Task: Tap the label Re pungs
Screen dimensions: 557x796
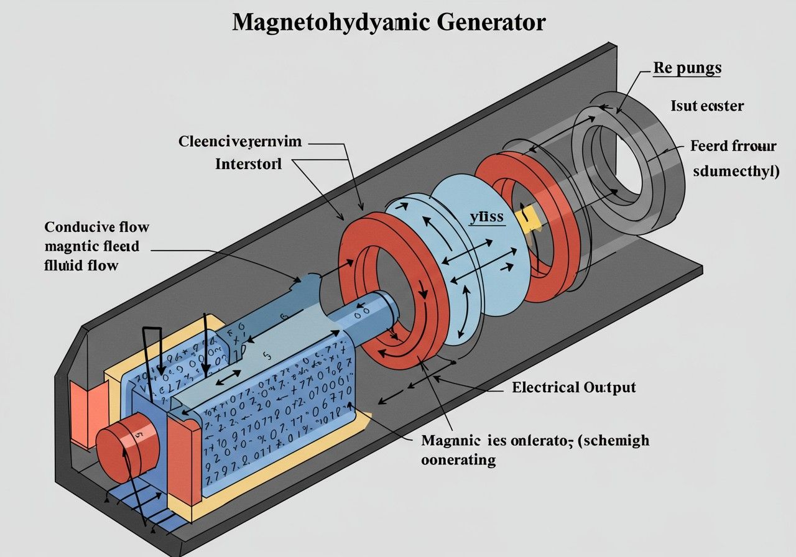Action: [x=687, y=68]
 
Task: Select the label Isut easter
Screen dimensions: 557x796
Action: [x=706, y=106]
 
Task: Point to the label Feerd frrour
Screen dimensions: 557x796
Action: [x=733, y=147]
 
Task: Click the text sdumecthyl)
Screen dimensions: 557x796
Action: [x=736, y=171]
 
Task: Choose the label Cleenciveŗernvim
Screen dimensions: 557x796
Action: [x=240, y=142]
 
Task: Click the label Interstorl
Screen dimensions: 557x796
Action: [x=248, y=165]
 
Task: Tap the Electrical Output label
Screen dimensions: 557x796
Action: [x=573, y=387]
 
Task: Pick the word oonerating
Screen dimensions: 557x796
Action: [x=458, y=460]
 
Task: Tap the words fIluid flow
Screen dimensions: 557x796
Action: [x=81, y=265]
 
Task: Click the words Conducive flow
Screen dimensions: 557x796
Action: [x=96, y=227]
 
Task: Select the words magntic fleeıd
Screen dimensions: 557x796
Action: [x=92, y=246]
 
